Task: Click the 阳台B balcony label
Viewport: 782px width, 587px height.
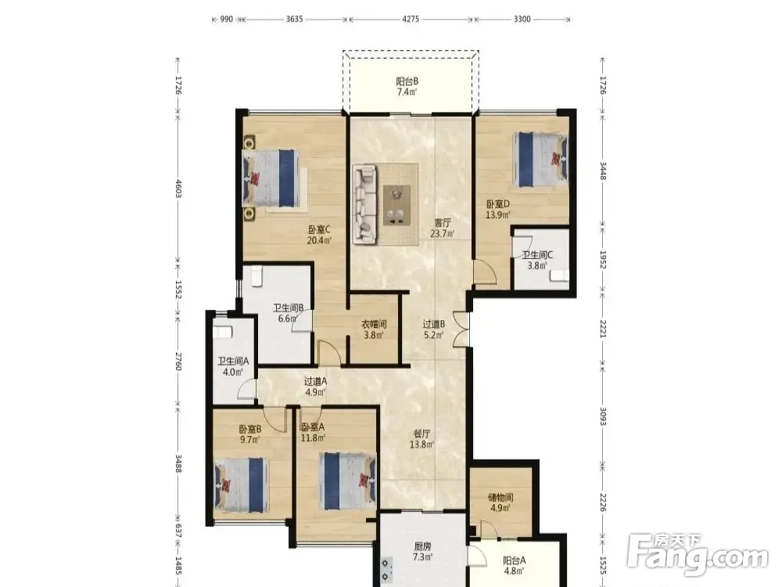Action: (407, 81)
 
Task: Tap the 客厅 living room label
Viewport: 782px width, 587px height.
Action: (443, 222)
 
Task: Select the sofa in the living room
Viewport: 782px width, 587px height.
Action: (364, 205)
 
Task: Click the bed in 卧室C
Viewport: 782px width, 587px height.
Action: (271, 178)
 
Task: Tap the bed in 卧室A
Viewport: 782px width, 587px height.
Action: (348, 481)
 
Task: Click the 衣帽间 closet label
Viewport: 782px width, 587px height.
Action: (374, 325)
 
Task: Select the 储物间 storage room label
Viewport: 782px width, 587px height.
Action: (500, 497)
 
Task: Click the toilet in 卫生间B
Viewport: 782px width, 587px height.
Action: (256, 276)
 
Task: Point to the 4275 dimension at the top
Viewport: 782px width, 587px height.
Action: (411, 19)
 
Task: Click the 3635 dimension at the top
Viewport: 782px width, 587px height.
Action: (294, 19)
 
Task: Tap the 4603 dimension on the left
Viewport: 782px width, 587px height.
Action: (178, 188)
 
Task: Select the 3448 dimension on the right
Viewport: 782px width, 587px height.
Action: (602, 171)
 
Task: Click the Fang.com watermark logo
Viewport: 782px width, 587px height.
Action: (698, 554)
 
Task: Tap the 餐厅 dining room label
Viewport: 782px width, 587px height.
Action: (422, 434)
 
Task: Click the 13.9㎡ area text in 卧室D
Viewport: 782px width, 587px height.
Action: (498, 214)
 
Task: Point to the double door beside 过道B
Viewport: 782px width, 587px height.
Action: (461, 329)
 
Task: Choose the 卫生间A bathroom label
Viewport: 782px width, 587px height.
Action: (233, 361)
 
